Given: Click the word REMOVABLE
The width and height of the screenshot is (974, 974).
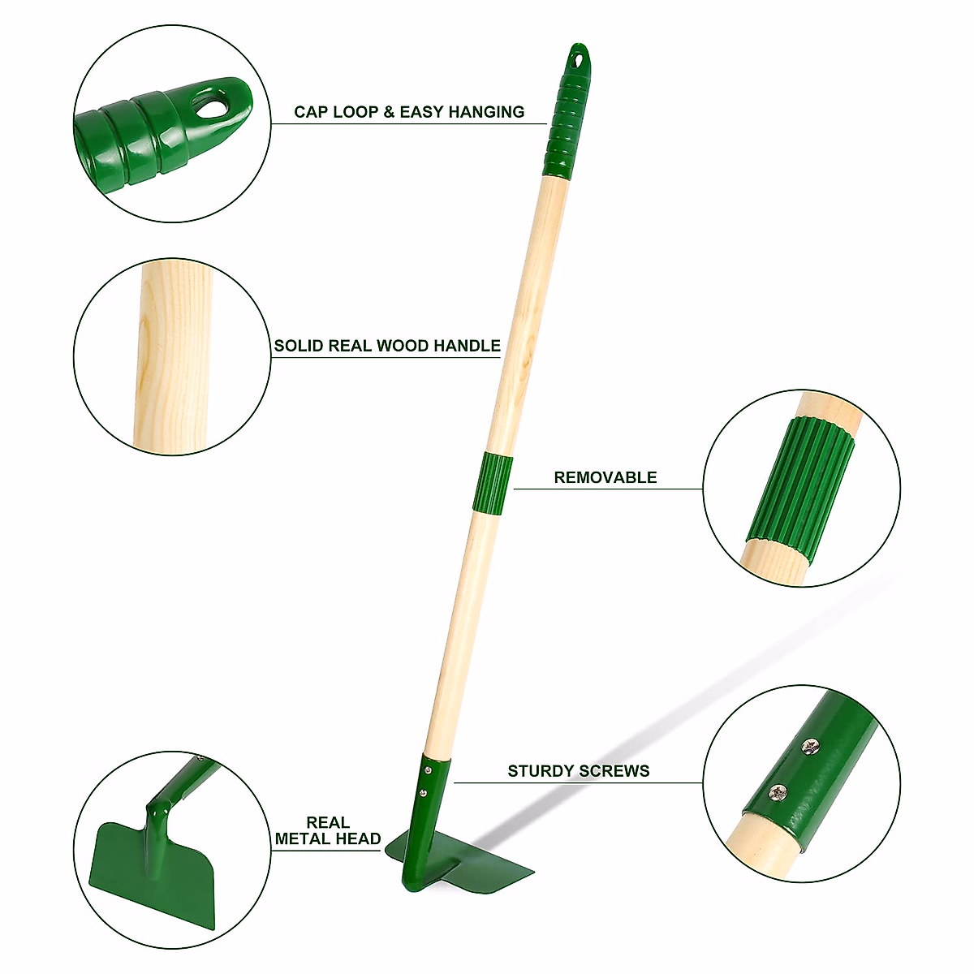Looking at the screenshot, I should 605,477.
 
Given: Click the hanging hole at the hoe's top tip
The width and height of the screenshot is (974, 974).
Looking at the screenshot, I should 578,58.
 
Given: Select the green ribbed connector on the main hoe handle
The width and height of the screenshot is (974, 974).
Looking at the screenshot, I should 493,484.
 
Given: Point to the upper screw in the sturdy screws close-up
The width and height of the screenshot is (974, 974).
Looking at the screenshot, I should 809,744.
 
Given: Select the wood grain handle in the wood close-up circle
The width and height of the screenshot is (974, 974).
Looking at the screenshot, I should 173,357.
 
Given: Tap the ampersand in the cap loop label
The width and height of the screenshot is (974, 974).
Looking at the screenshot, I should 389,112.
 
